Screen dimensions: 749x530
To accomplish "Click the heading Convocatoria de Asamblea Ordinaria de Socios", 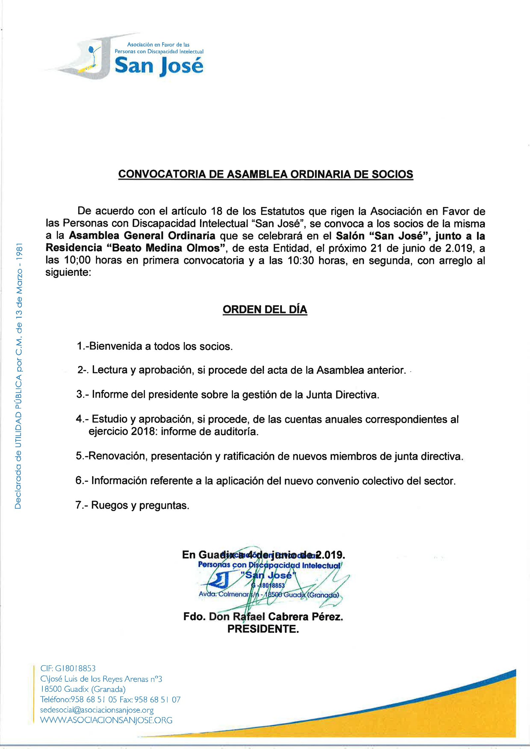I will [x=265, y=174].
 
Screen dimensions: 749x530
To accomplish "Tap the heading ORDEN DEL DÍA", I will [x=265, y=309].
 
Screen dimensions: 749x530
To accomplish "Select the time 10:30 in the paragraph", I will [x=300, y=260].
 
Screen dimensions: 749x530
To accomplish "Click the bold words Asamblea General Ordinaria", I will [x=142, y=235].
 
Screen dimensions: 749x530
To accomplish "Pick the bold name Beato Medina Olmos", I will [x=166, y=248].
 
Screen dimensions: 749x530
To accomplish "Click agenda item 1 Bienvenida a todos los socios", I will [x=155, y=346].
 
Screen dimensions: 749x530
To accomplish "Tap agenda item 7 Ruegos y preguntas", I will [x=132, y=505].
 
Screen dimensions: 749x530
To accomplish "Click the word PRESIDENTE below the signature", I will [x=263, y=629].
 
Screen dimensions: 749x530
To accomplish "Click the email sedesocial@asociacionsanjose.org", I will [x=97, y=710].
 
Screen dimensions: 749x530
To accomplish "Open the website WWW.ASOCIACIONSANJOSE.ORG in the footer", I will [x=106, y=720].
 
